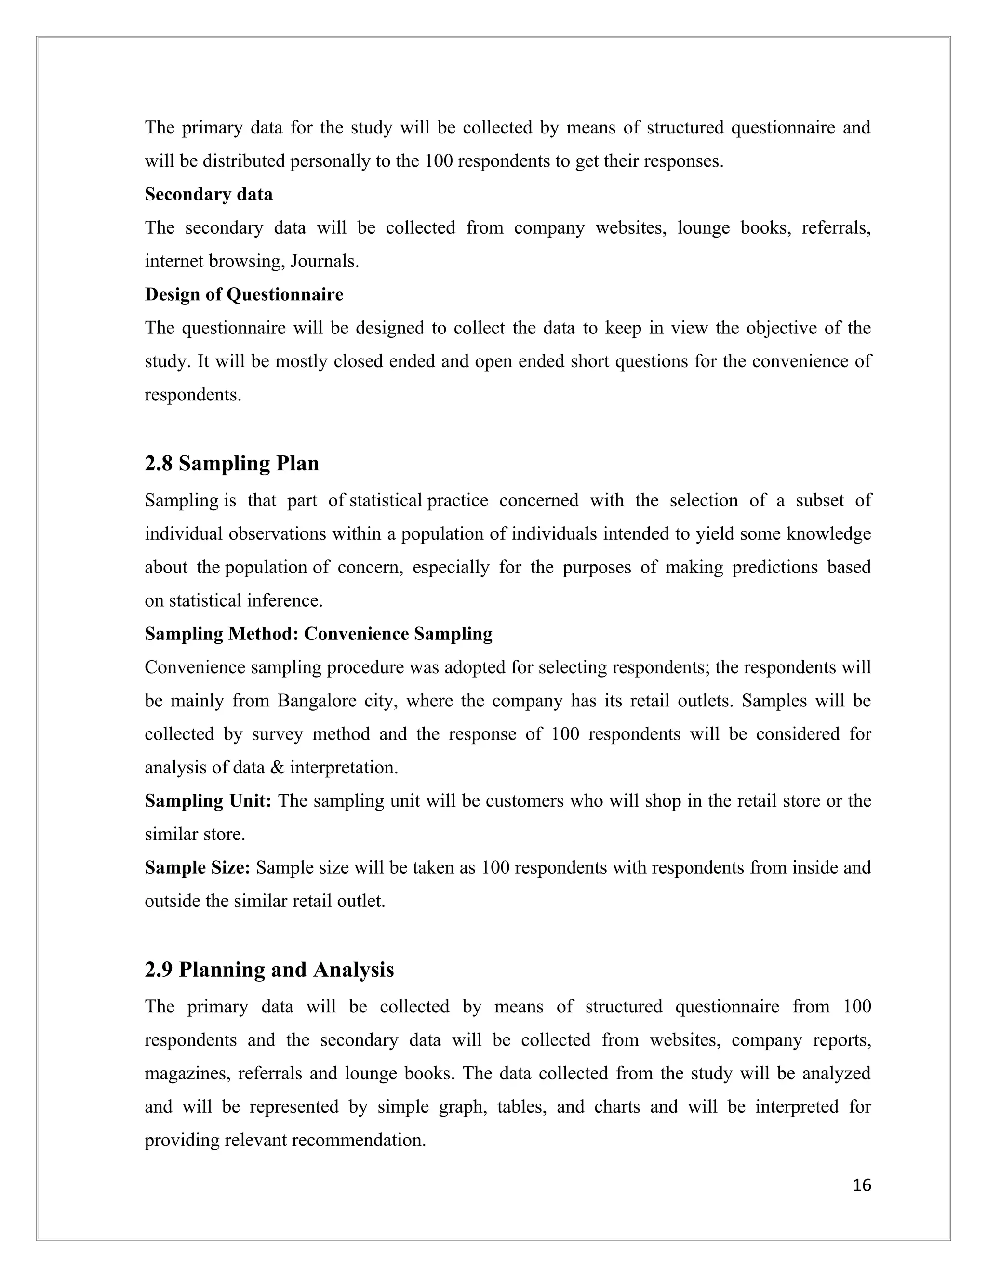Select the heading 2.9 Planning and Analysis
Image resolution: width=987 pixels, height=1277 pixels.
[269, 970]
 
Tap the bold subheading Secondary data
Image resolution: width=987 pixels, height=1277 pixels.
[209, 194]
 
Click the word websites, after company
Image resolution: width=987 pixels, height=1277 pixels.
[631, 227]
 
